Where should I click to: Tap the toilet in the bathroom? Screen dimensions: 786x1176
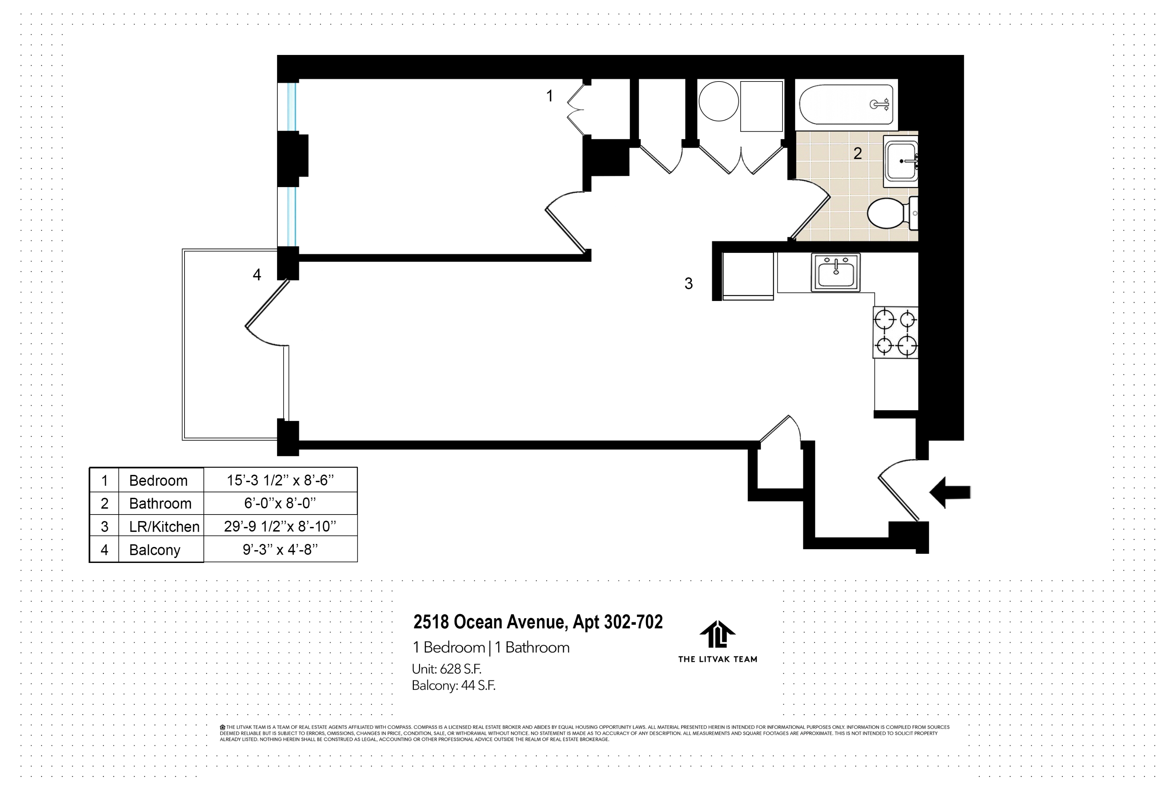(888, 213)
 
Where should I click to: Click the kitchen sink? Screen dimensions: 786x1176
(836, 272)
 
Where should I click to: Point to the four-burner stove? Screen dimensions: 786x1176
(895, 332)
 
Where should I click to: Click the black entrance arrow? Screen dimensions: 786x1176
(949, 492)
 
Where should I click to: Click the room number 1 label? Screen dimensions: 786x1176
(549, 96)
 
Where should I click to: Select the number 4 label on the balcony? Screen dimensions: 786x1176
(257, 275)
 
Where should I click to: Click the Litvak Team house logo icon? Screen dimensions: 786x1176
(717, 634)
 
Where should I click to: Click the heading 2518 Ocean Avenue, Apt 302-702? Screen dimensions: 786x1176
(537, 622)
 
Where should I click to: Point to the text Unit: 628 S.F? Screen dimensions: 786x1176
(446, 669)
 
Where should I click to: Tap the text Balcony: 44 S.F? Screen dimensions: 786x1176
(453, 685)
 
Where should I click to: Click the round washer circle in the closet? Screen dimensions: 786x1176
(718, 101)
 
